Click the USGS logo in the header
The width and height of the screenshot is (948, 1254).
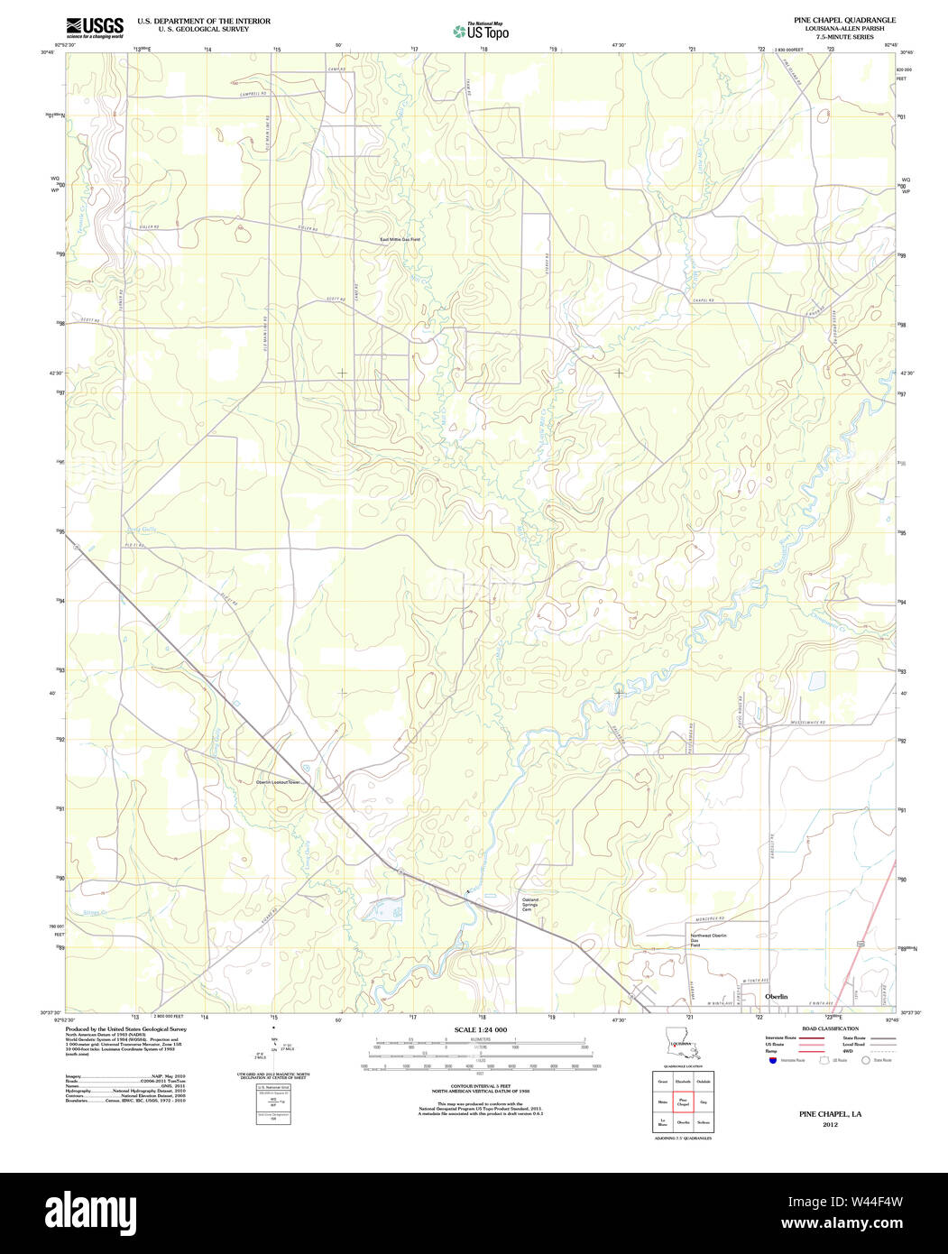pos(95,26)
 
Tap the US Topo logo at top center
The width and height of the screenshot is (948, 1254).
pos(481,32)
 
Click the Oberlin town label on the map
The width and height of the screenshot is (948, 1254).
pos(776,996)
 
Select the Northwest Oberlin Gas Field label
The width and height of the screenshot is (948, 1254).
pos(708,940)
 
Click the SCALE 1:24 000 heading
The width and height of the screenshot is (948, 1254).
pos(480,1029)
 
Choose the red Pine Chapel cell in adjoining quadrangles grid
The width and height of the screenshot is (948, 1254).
pos(683,1102)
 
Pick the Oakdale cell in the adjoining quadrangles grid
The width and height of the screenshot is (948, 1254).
pos(704,1081)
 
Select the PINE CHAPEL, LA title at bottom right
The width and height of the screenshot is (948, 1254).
pos(830,1114)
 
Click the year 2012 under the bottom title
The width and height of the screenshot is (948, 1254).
pos(830,1124)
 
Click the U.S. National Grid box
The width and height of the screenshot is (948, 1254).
pos(272,1102)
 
